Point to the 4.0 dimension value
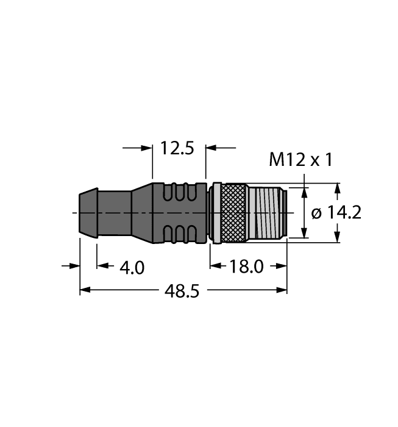coord(131,267)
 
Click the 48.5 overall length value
coord(182,291)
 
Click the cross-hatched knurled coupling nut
coord(232,212)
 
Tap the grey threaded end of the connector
coord(267,212)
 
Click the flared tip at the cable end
coord(88,212)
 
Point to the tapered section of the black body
coord(141,212)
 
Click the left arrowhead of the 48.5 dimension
coord(85,290)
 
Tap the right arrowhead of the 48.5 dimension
coord(282,290)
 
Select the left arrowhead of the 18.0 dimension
coord(215,266)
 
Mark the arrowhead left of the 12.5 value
coord(147,148)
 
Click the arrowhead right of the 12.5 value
coord(211,148)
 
